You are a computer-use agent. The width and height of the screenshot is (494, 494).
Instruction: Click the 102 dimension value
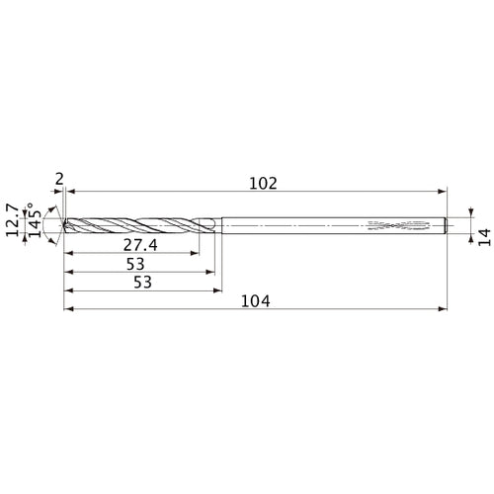(x=263, y=183)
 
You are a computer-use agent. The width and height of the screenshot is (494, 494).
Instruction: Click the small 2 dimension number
(x=60, y=179)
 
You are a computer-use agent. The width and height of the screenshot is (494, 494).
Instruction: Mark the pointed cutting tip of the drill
(x=65, y=226)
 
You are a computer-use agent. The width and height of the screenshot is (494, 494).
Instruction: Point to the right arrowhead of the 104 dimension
(x=444, y=310)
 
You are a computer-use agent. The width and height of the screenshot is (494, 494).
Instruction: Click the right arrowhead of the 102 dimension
(x=444, y=192)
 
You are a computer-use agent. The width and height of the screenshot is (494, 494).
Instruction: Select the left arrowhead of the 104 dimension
(x=69, y=310)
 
